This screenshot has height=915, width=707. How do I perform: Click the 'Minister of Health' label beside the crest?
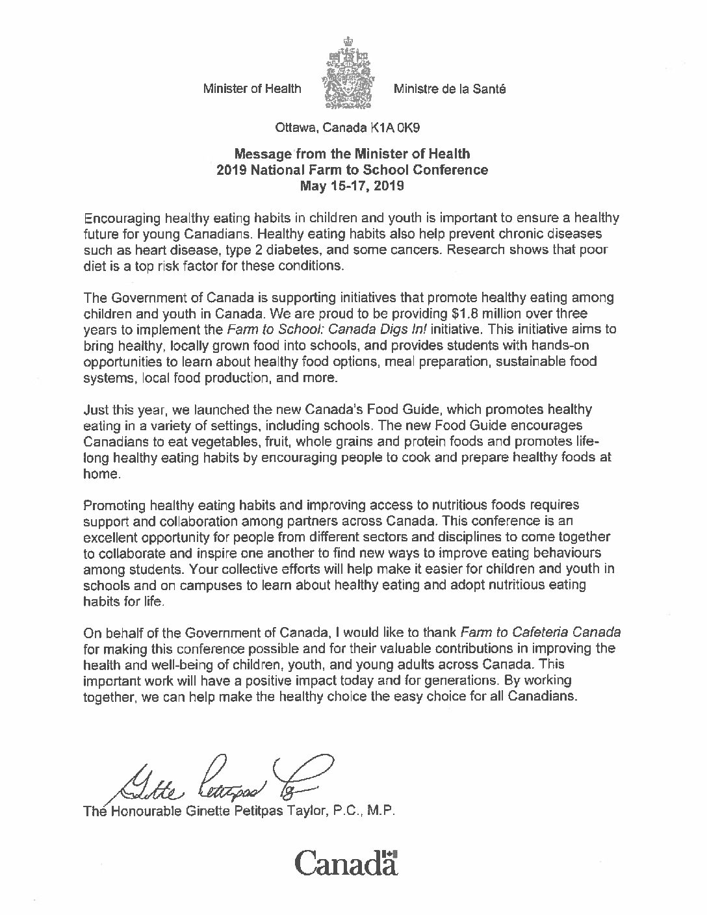252,88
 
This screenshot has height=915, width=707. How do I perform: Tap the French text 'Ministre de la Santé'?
449,88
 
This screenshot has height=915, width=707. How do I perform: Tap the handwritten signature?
221,780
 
